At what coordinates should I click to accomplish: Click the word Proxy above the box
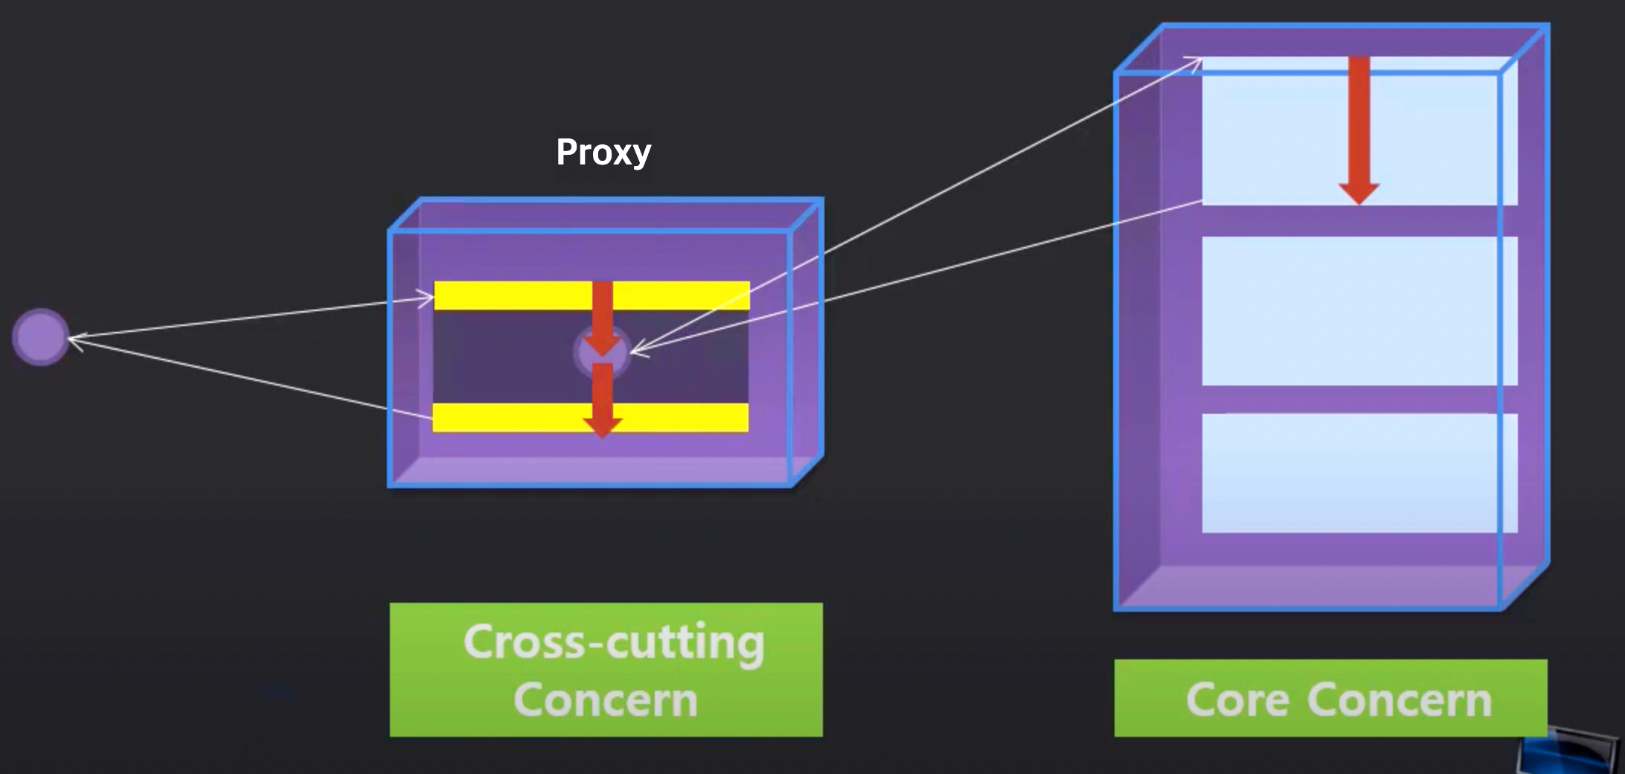603,152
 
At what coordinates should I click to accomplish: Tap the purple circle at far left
41,337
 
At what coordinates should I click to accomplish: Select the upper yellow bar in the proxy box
513,295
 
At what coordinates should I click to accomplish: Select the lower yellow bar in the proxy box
513,418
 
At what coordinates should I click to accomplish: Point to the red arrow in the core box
1359,127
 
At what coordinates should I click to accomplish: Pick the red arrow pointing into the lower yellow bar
602,402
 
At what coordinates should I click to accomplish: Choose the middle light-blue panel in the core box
1359,310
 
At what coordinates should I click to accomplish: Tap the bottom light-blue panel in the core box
1359,473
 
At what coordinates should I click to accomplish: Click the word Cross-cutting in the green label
613,642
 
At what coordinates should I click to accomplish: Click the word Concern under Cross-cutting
606,700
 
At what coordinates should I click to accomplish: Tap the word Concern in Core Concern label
1399,700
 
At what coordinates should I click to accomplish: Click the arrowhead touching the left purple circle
74,339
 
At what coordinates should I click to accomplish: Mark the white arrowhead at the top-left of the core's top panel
1195,61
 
